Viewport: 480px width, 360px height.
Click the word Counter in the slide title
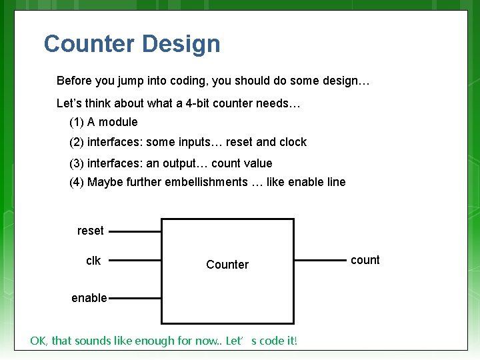(89, 44)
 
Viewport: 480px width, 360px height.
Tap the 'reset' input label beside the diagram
(90, 231)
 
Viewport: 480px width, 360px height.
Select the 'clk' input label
(93, 261)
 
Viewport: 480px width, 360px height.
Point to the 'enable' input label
(89, 298)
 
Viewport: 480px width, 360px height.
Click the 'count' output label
(365, 260)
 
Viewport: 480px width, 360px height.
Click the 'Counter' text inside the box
(227, 265)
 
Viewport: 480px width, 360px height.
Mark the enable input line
(135, 298)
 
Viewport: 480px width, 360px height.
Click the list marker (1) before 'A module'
(77, 122)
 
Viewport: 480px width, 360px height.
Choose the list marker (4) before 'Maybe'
(77, 182)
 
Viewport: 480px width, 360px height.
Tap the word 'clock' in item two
(293, 142)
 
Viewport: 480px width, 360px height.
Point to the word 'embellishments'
(207, 182)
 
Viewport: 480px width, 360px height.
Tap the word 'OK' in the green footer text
(38, 341)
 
